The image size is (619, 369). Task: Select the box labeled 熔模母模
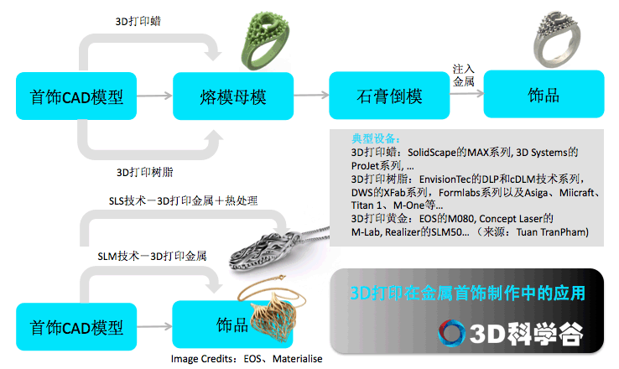point(233,96)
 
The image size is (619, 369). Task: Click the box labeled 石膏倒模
point(389,96)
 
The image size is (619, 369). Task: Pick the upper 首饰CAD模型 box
point(76,96)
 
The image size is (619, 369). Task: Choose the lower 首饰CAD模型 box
point(76,327)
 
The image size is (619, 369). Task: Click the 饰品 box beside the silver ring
point(544,94)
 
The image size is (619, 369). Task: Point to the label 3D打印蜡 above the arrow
point(138,21)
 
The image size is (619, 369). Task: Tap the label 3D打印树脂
point(144,172)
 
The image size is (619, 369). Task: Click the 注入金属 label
point(464,75)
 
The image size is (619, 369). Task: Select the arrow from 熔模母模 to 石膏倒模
point(311,95)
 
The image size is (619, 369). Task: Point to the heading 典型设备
point(376,138)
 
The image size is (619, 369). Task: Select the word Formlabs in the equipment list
point(457,193)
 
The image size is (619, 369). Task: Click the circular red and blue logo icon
point(451,333)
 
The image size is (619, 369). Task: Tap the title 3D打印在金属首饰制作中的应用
point(467,293)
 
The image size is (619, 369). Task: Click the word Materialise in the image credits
point(297,359)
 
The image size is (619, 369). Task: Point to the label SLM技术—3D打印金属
point(152,256)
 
